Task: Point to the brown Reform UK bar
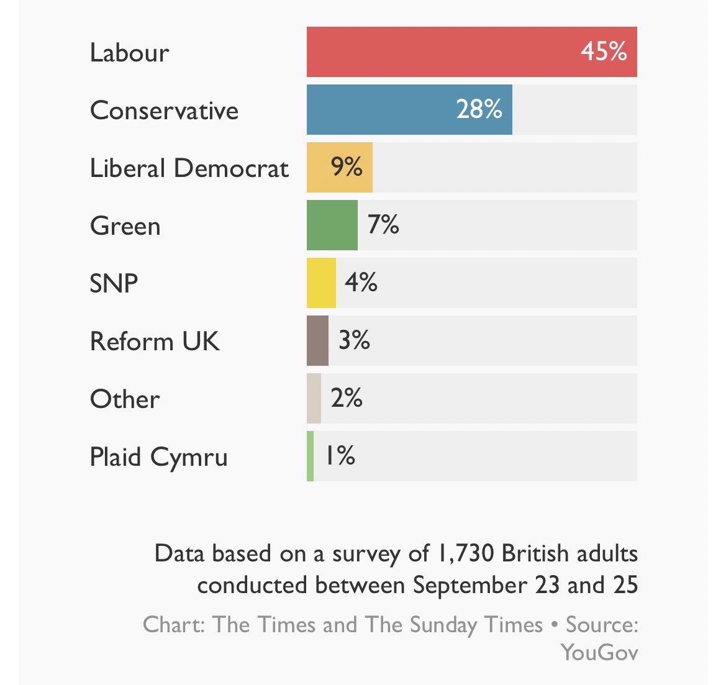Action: pyautogui.click(x=317, y=340)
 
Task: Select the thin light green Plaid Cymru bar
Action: pyautogui.click(x=310, y=456)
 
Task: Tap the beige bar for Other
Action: pyautogui.click(x=314, y=398)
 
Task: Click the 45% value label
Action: pyautogui.click(x=603, y=52)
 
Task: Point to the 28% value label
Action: pyautogui.click(x=479, y=110)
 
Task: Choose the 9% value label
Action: pyautogui.click(x=347, y=167)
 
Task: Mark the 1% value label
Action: pyautogui.click(x=340, y=456)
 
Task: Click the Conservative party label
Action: pyautogui.click(x=164, y=111)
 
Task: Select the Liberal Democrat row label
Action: pyautogui.click(x=189, y=168)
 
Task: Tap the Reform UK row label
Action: pyautogui.click(x=155, y=342)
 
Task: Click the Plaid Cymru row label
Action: pyautogui.click(x=158, y=458)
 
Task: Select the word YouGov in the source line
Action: pyautogui.click(x=599, y=652)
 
